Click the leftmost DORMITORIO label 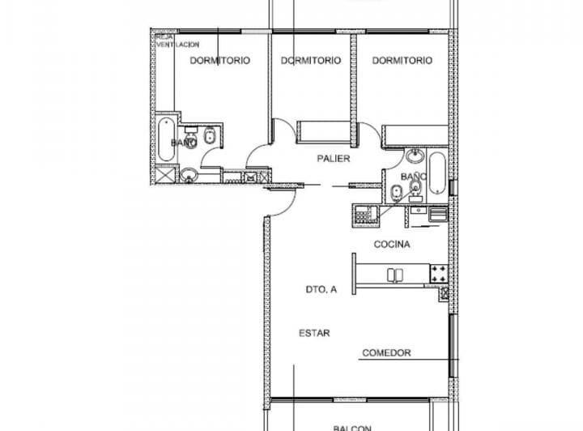click(219, 61)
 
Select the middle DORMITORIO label click(311, 61)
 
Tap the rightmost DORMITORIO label click(402, 61)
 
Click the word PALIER click(333, 159)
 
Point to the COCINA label click(392, 244)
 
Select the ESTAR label click(314, 333)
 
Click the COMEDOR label click(386, 353)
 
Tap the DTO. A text click(321, 289)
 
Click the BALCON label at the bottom click(352, 428)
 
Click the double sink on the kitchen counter click(396, 275)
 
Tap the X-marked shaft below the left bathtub click(164, 174)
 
